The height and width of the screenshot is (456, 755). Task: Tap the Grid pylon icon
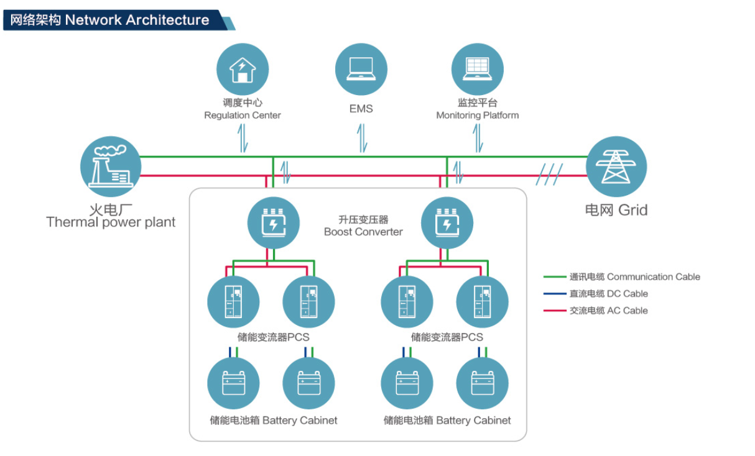click(x=616, y=166)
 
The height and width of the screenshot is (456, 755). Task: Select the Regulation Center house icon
click(x=243, y=69)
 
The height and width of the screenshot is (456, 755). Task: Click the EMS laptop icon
click(x=361, y=69)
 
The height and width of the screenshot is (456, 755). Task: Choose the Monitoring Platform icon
click(x=477, y=69)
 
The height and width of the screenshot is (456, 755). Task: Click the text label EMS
click(x=361, y=109)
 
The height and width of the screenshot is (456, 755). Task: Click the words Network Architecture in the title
click(x=137, y=20)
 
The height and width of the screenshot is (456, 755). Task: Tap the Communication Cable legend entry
click(x=622, y=277)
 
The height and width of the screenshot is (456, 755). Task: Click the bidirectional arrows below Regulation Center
click(x=243, y=138)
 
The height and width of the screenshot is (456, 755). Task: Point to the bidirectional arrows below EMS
click(x=361, y=138)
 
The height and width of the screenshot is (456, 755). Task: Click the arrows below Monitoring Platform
click(x=478, y=138)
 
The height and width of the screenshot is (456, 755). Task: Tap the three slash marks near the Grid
click(x=550, y=175)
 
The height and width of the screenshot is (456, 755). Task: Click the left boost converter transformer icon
click(x=273, y=222)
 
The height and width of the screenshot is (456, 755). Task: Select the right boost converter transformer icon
click(x=447, y=222)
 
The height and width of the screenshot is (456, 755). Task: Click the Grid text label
click(x=616, y=210)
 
